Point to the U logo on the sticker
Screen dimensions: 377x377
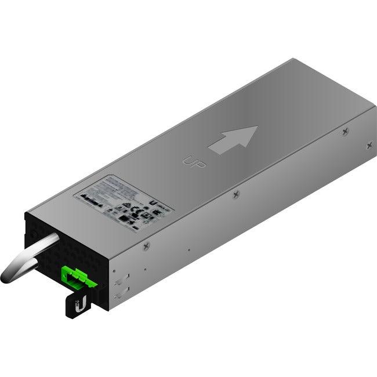[x=152, y=204]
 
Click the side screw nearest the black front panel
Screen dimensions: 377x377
[x=146, y=245]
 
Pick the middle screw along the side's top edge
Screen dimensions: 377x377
[x=235, y=195]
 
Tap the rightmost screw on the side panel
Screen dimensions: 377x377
[x=369, y=146]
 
